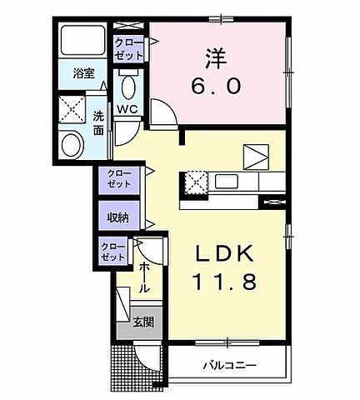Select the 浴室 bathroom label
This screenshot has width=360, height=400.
point(82,73)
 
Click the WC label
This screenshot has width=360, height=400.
point(127,109)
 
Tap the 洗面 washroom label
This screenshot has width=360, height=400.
point(98,124)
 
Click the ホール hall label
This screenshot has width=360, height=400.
point(145,277)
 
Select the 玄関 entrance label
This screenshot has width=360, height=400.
point(143,321)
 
